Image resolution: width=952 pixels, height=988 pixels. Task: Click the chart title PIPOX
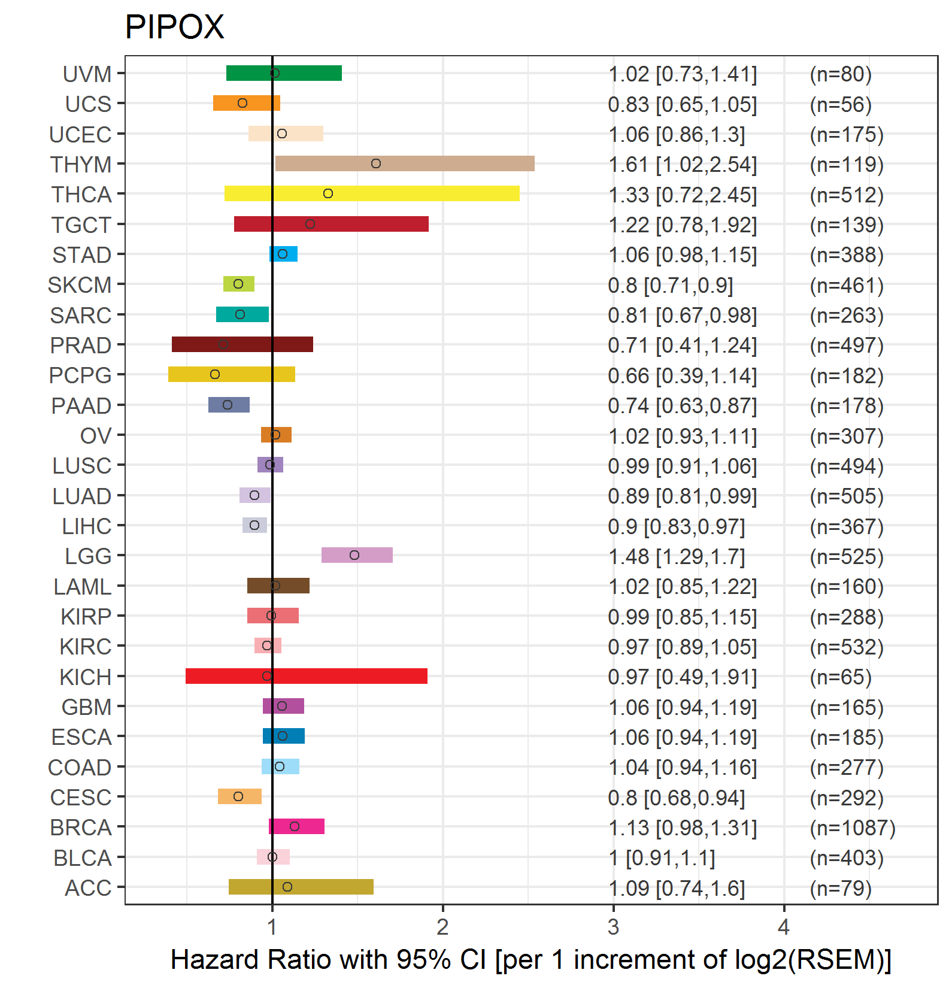pos(174,28)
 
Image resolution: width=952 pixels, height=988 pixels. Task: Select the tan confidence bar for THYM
pos(405,163)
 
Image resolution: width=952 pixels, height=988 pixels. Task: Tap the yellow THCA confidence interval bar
pos(372,193)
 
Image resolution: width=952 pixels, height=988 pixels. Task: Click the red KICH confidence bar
pos(307,676)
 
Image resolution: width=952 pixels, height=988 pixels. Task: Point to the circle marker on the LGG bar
pos(354,555)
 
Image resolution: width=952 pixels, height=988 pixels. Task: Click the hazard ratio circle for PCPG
pos(215,374)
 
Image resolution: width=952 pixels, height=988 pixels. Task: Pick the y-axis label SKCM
pos(80,285)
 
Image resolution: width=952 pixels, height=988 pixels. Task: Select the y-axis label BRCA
pos(81,828)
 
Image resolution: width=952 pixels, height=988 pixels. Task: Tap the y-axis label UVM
pos(87,74)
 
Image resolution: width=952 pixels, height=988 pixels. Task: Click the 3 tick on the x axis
pos(613,927)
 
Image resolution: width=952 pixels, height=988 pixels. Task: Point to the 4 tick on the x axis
pos(784,927)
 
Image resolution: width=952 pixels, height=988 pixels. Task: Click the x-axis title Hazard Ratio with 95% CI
pos(530,959)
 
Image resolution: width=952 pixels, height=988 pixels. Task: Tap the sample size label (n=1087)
pos(852,828)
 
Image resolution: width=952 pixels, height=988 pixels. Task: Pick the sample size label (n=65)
pos(840,677)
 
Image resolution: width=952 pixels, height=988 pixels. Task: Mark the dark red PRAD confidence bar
pos(242,344)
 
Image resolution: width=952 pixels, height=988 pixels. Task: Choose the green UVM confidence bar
pos(284,73)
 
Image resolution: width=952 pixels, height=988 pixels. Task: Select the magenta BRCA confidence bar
pos(296,826)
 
